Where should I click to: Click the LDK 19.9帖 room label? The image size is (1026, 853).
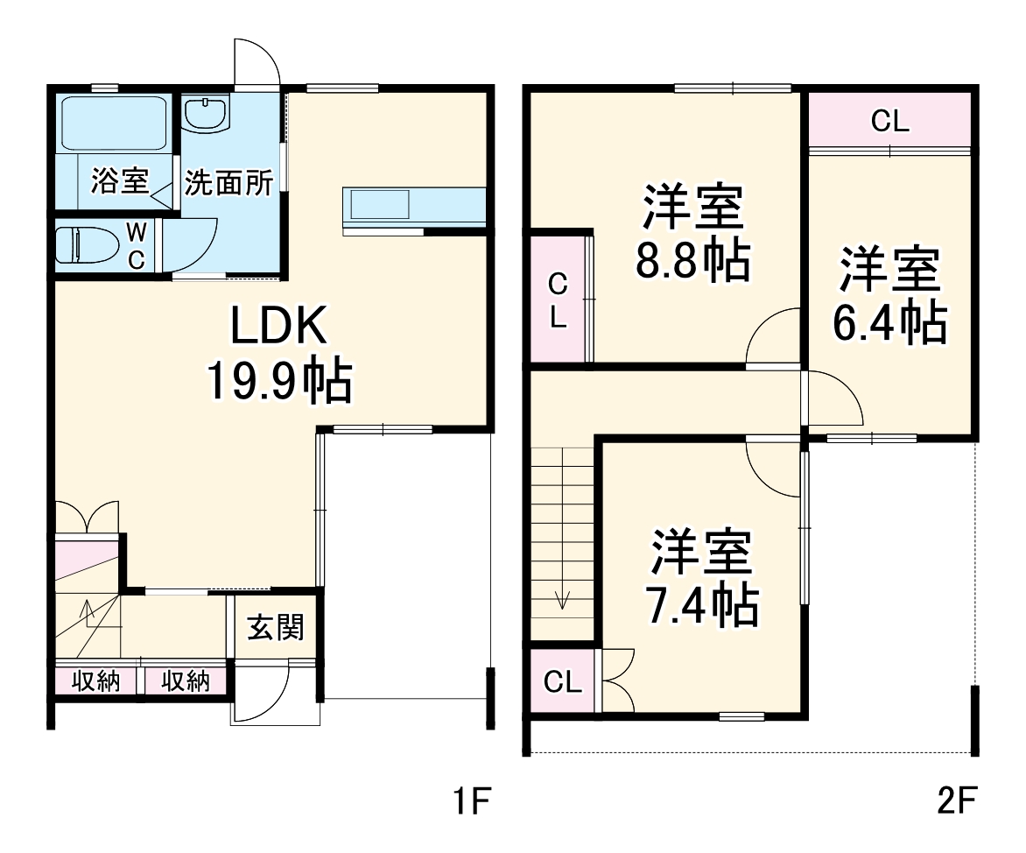pyautogui.click(x=278, y=355)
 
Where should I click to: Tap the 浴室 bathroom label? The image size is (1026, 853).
pyautogui.click(x=119, y=182)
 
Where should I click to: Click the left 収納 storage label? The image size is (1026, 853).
pyautogui.click(x=96, y=681)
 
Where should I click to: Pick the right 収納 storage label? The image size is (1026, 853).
pyautogui.click(x=185, y=681)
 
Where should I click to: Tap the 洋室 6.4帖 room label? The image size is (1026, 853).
pyautogui.click(x=889, y=296)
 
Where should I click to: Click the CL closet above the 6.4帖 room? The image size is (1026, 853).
pyautogui.click(x=889, y=122)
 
